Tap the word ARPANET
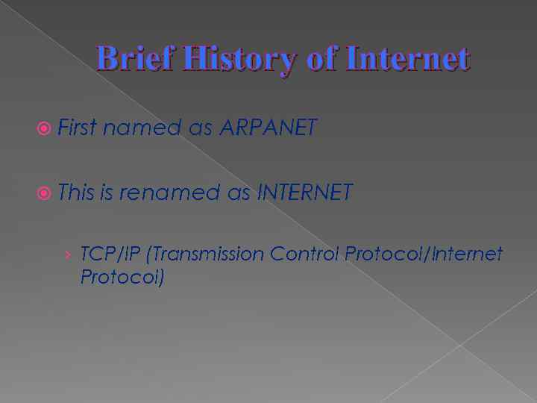click(268, 128)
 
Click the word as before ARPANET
click(201, 128)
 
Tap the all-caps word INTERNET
click(304, 193)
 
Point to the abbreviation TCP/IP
click(111, 254)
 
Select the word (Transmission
click(206, 254)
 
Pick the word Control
click(304, 254)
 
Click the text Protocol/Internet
click(424, 254)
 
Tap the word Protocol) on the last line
click(122, 277)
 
